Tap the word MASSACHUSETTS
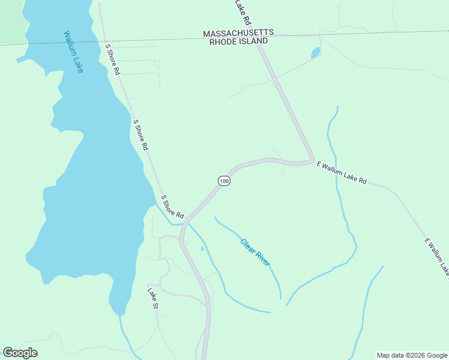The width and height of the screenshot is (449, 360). coord(238,33)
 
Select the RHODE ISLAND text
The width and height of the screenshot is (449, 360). coord(238,41)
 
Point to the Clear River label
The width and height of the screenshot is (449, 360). coord(255,253)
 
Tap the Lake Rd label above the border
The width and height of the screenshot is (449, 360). coord(241,8)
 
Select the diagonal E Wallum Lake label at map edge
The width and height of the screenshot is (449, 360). coord(436,258)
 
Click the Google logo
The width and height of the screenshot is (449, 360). coord(20,353)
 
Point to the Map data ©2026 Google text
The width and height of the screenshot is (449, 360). coord(412,355)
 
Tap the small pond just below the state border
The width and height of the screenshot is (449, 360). coord(315,53)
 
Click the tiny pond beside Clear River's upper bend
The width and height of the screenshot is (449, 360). coord(202,248)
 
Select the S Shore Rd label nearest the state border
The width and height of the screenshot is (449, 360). coord(112,58)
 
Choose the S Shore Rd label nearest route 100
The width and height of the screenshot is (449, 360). coord(172,206)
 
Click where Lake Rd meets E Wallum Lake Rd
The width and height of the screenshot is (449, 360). coord(312,161)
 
